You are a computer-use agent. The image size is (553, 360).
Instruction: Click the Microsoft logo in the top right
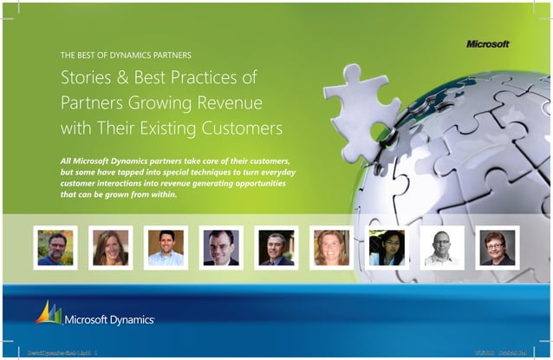tap(488, 43)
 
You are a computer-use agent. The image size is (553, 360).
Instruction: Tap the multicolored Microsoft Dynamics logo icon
tap(49, 312)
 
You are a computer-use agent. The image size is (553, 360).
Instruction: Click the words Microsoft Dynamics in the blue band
tap(109, 318)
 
